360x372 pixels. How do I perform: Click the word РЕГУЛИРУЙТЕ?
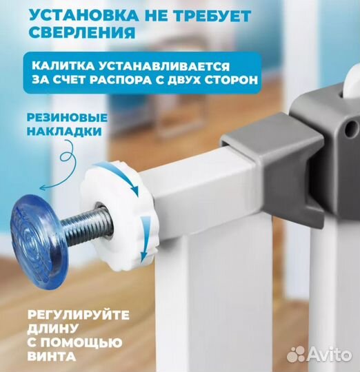[x=79, y=315]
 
